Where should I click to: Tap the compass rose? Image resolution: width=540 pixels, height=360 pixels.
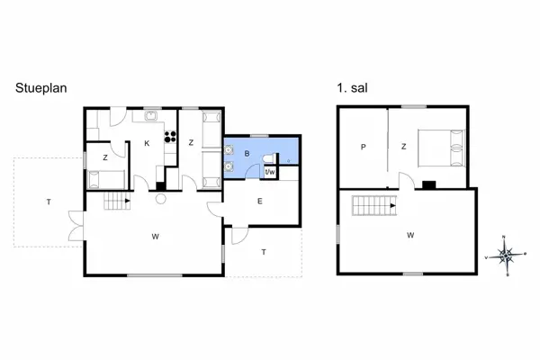(x=508, y=256)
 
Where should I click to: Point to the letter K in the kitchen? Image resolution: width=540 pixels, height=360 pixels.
(x=145, y=143)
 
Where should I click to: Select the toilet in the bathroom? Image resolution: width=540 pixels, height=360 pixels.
(x=266, y=157)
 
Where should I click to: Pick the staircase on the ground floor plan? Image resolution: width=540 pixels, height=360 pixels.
(x=114, y=201)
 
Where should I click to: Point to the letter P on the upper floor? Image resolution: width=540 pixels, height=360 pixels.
(x=363, y=148)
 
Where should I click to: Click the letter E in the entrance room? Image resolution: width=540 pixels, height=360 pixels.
(x=259, y=201)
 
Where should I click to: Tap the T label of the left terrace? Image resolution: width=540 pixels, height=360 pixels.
(x=48, y=202)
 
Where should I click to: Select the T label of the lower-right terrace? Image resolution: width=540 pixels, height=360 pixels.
(x=264, y=253)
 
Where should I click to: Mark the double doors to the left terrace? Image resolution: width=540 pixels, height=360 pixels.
(x=76, y=225)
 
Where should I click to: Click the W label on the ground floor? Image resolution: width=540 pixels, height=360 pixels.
(x=155, y=237)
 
